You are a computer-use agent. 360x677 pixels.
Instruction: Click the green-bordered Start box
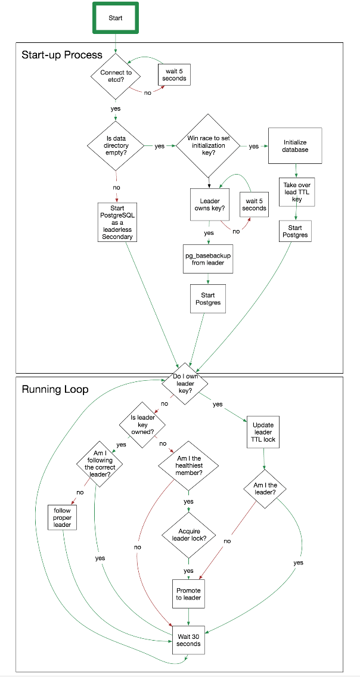[x=116, y=18]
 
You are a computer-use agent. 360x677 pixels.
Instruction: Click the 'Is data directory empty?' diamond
[x=116, y=146]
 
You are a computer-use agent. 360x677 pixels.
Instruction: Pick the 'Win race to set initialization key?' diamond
[x=209, y=146]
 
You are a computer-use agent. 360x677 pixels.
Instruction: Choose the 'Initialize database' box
[x=295, y=146]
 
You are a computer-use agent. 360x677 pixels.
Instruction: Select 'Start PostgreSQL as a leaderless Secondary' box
[x=117, y=222]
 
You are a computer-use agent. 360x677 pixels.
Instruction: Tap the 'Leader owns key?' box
[x=209, y=204]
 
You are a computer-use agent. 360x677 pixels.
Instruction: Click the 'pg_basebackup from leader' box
[x=207, y=259]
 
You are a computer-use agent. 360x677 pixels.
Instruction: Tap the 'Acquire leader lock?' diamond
[x=188, y=535]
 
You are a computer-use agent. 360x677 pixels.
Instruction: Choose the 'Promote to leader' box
[x=189, y=594]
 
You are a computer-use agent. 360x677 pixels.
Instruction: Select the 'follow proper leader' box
[x=62, y=517]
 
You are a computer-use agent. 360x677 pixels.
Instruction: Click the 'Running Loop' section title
[x=55, y=390]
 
